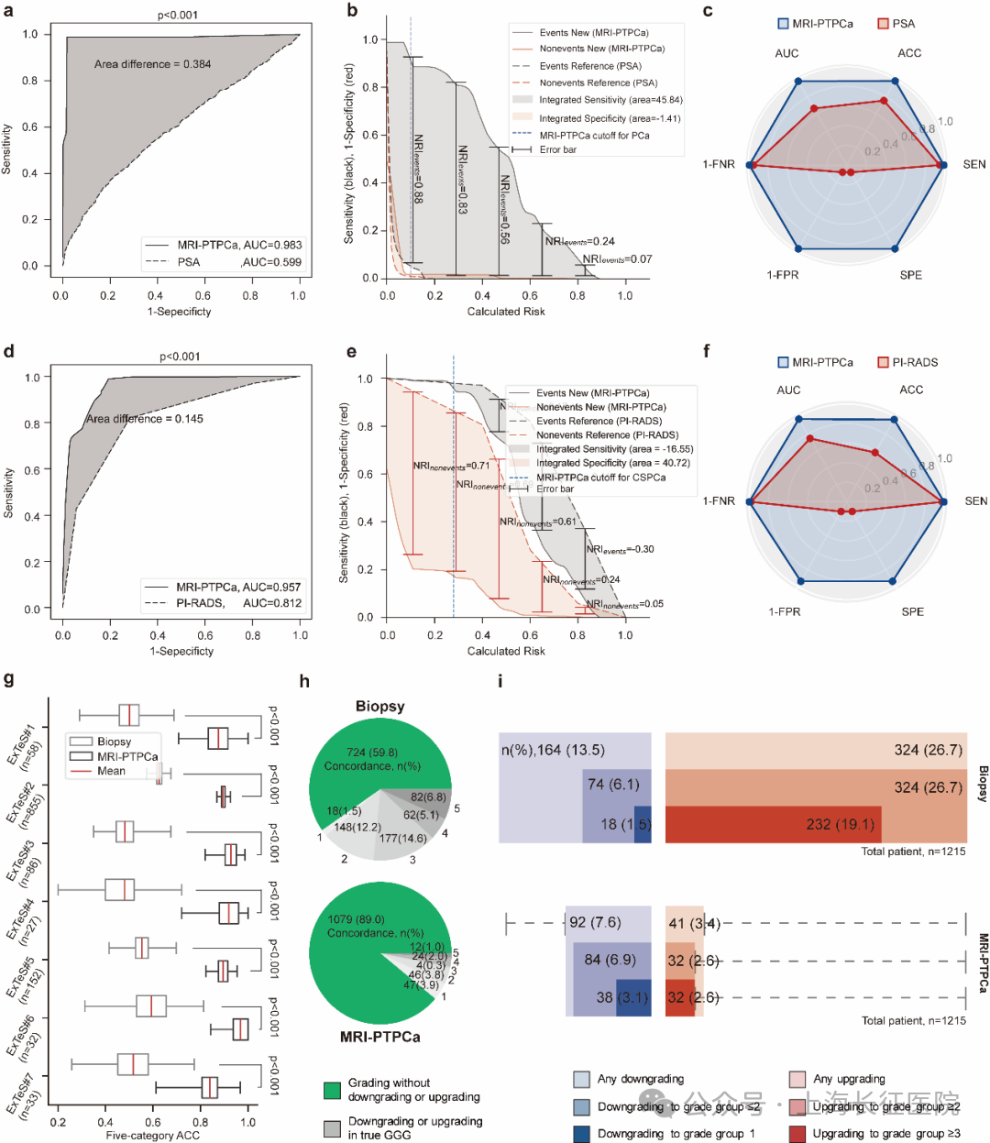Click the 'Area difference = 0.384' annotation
click(152, 64)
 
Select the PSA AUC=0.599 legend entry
click(224, 262)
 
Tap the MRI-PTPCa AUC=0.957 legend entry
click(224, 587)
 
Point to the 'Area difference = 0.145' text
click(145, 419)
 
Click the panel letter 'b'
click(352, 12)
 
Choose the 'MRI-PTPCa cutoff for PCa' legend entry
click(594, 136)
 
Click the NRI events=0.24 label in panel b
click(579, 242)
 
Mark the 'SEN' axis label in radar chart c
click(974, 165)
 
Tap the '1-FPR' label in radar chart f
click(784, 611)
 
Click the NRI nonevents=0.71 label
click(451, 467)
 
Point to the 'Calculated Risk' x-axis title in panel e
click(506, 651)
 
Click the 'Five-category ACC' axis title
click(152, 1136)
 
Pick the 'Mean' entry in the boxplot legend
click(111, 771)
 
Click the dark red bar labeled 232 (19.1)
click(772, 824)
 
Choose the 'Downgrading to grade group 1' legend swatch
click(581, 1134)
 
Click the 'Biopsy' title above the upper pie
click(379, 707)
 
